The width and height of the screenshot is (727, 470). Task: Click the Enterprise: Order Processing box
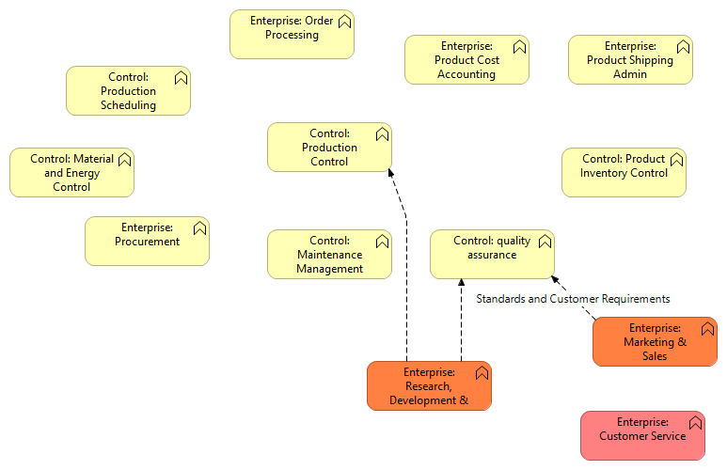tap(292, 35)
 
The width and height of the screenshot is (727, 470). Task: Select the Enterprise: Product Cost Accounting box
tap(466, 60)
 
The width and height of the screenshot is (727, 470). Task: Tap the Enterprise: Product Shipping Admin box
tap(630, 60)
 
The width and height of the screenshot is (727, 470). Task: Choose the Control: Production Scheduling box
tap(128, 91)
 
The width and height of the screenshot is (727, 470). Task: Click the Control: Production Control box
tap(329, 148)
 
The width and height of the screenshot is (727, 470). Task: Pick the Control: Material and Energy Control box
tap(71, 173)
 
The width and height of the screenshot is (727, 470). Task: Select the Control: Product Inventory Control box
tap(624, 173)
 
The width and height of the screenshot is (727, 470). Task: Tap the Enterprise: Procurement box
tap(147, 242)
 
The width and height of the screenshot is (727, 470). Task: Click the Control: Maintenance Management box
tap(329, 255)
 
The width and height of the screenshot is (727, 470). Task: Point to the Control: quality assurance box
tap(492, 255)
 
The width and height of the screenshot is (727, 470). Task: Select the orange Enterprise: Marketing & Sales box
tap(655, 342)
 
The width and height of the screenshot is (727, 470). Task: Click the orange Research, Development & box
tap(429, 386)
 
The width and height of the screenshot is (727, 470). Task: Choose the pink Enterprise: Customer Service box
tap(642, 436)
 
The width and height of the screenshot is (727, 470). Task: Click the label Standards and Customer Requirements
tap(573, 299)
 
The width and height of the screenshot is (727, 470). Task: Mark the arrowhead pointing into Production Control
tap(389, 173)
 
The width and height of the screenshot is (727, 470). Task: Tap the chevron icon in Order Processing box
tap(344, 21)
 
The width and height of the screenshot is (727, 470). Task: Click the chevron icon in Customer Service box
tap(695, 422)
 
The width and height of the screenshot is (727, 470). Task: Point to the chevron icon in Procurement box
tap(199, 227)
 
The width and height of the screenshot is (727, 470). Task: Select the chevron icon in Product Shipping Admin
tap(683, 46)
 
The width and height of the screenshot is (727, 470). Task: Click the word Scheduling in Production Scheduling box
tap(128, 105)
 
